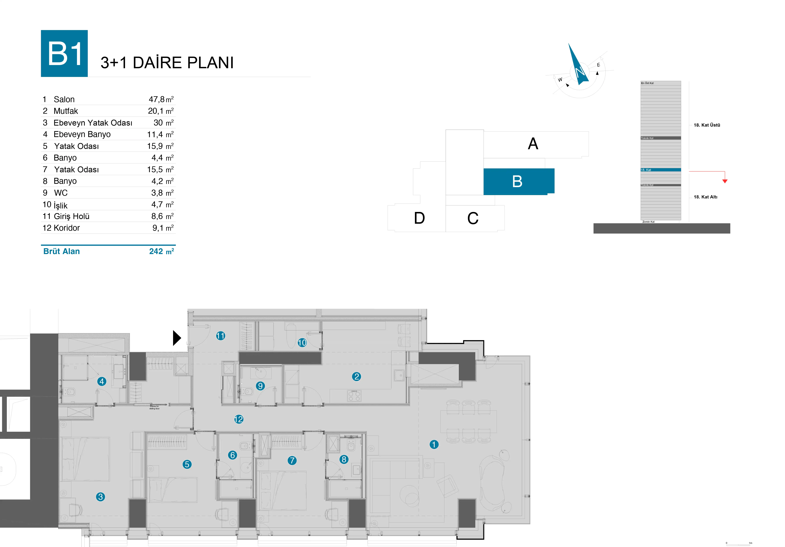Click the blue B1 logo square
[x=64, y=53]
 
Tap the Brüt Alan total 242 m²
[x=161, y=251]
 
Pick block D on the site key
[x=419, y=218]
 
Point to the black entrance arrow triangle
[x=176, y=338]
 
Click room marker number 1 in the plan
[x=434, y=444]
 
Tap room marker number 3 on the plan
[x=100, y=497]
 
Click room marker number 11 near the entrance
[x=221, y=336]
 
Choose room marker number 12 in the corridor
[x=239, y=419]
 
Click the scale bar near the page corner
[x=738, y=544]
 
